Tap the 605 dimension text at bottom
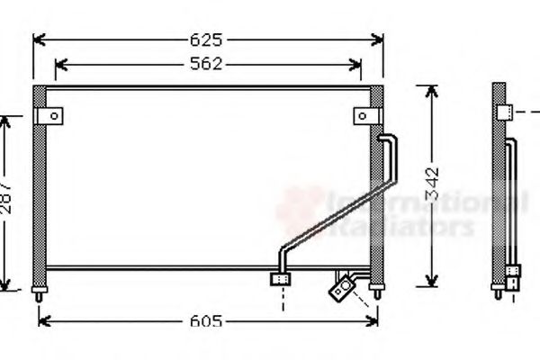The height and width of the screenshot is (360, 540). point(207,321)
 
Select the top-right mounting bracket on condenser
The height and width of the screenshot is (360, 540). point(364,116)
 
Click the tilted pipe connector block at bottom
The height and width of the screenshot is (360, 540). point(342,287)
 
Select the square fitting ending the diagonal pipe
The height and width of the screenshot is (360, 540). point(280,280)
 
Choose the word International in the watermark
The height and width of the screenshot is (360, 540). point(423,202)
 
